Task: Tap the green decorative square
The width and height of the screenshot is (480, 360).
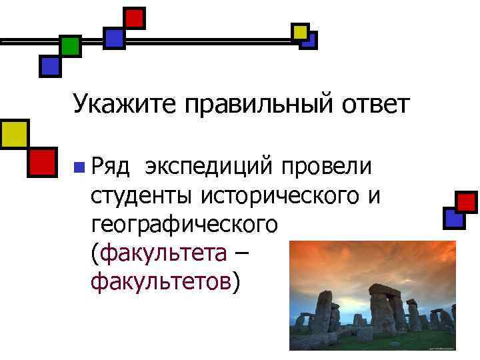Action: tap(69, 46)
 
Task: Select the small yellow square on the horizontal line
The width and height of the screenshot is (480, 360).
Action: tap(301, 31)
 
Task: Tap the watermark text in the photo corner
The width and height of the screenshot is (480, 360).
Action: tap(440, 347)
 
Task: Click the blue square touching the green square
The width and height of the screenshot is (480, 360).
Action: tap(51, 65)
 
